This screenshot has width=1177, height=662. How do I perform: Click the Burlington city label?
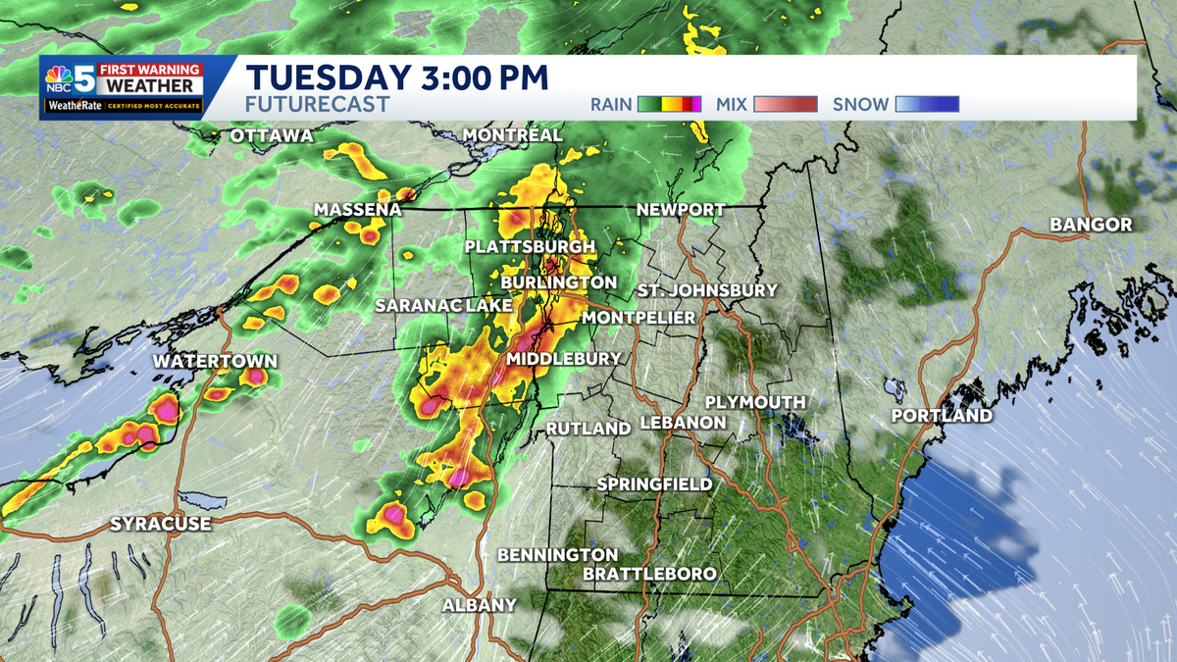coord(558,282)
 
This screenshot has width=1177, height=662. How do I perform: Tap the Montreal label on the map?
coord(512,134)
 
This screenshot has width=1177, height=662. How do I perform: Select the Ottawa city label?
coord(272,135)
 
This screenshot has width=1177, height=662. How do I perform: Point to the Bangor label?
coord(1091,225)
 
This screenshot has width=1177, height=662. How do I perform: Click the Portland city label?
coord(942,416)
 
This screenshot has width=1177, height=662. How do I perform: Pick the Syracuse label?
coord(160,524)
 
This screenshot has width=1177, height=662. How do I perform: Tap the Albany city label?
coord(479,605)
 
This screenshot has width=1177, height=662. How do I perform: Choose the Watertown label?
coord(215,362)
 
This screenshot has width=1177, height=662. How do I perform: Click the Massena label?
coord(358,210)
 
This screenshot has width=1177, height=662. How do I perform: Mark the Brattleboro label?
coord(649,574)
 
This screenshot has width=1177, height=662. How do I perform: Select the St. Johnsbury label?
coord(706,290)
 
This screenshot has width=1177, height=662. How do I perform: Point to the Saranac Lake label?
coord(443,306)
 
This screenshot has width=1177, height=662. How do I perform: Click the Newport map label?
coord(680,210)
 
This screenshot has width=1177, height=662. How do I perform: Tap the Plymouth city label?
coord(755,402)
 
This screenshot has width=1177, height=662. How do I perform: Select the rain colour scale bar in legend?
coord(671,104)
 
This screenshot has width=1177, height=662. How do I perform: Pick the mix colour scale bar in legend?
coord(785,104)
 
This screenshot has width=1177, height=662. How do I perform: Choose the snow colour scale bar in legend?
coord(927,104)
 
